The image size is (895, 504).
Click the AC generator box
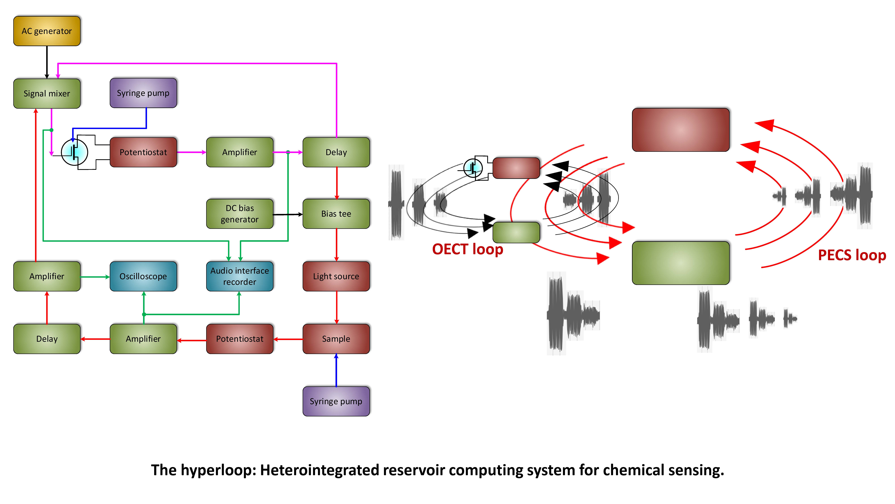point(47,31)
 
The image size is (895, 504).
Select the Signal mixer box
point(47,94)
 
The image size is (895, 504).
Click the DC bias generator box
point(240,214)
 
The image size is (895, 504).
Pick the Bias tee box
point(336,214)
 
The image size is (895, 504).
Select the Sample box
point(336,339)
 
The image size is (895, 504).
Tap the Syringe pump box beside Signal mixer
point(143,93)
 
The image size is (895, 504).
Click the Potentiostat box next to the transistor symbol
point(143,152)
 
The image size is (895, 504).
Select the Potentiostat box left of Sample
point(240,339)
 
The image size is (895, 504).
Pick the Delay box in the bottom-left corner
point(47,339)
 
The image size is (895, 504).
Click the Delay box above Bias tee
point(336,152)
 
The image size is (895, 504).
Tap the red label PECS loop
point(852,255)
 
